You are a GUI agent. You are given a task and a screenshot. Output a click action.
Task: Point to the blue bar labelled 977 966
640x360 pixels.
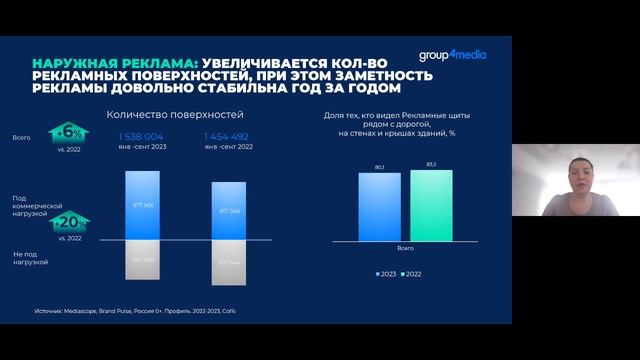click(149, 204)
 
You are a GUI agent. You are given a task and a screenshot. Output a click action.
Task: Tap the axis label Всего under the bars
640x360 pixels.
click(405, 246)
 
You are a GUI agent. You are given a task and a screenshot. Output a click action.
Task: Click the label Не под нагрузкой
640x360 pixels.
click(31, 257)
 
